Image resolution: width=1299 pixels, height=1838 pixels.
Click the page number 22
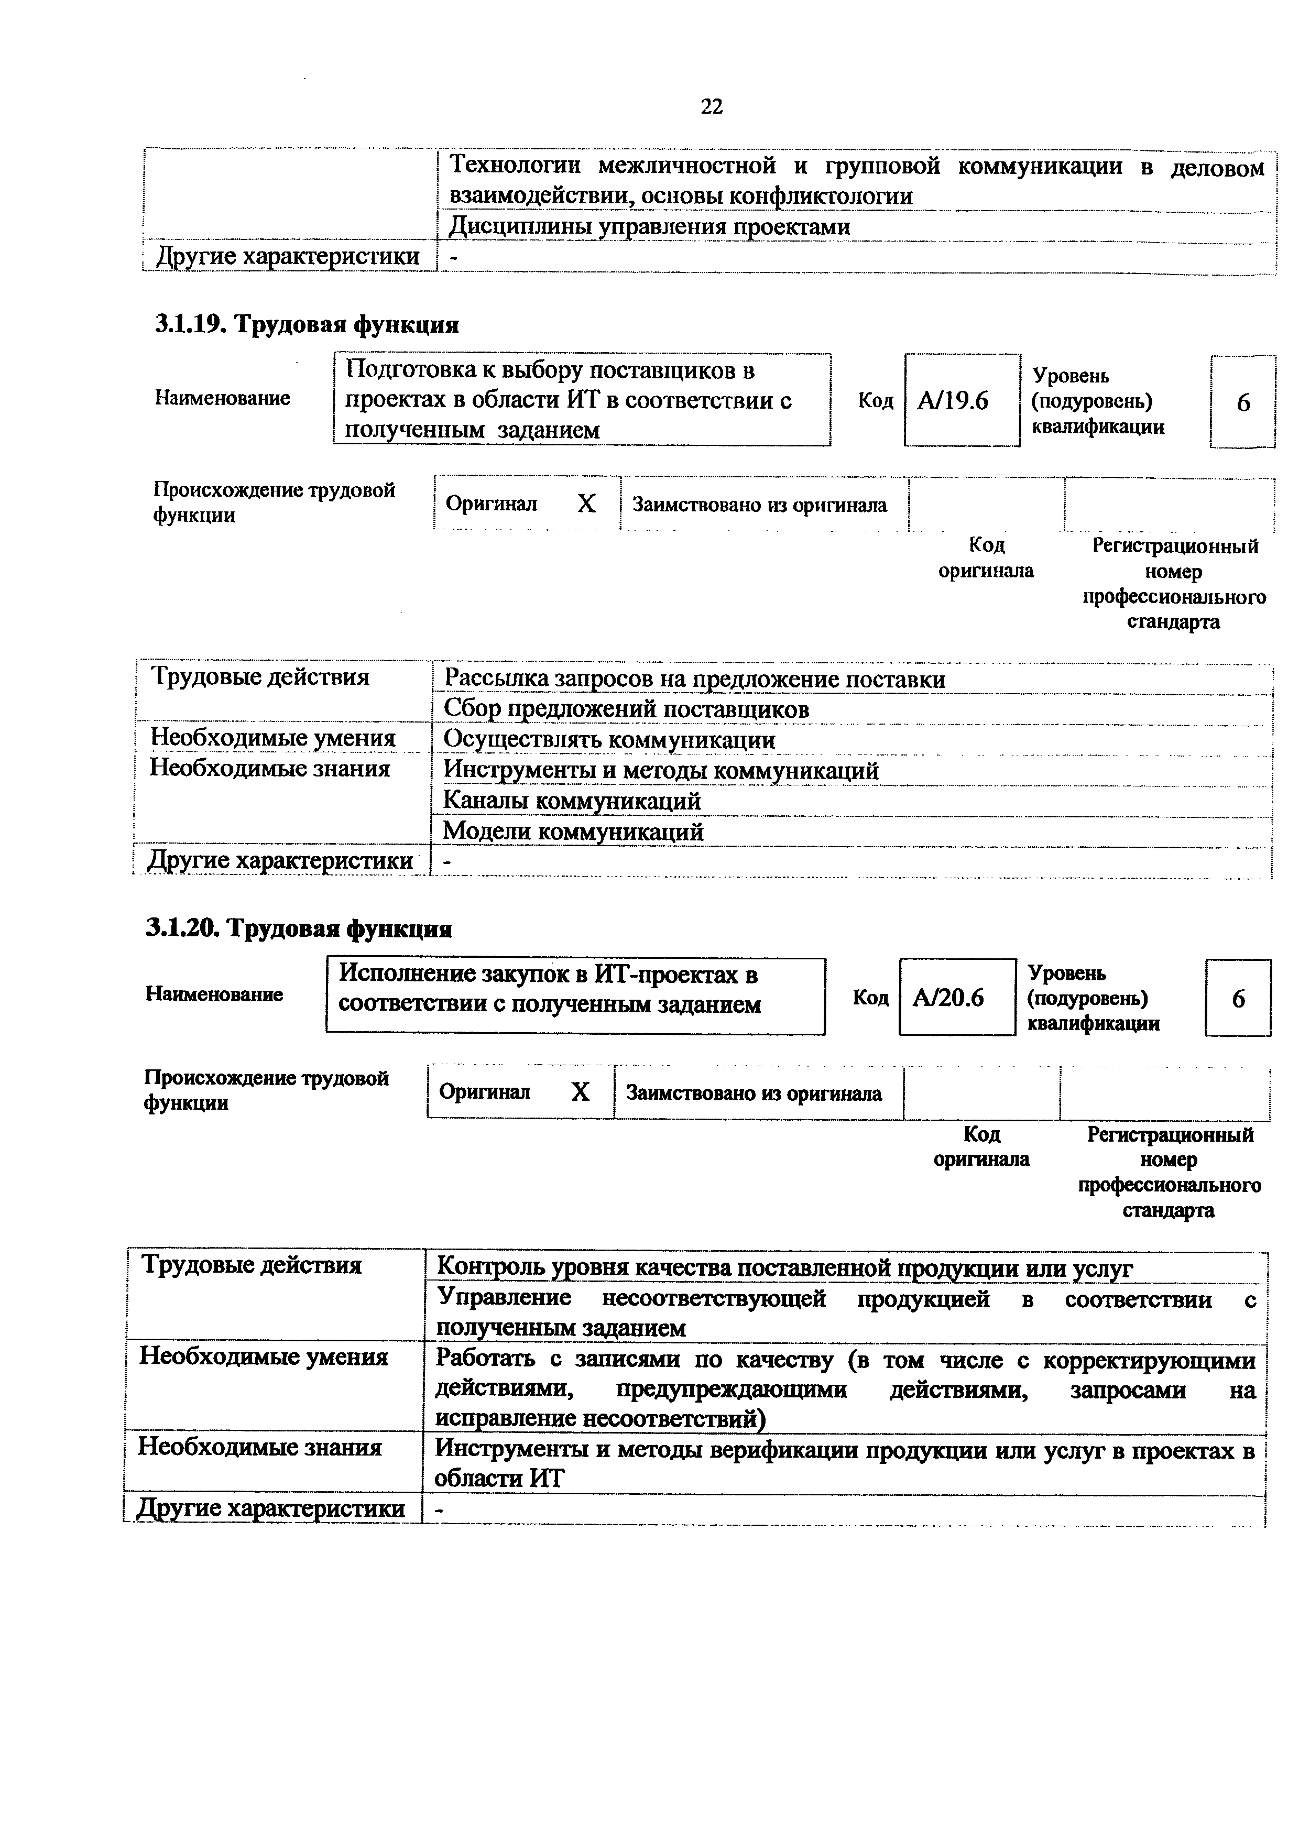tap(711, 106)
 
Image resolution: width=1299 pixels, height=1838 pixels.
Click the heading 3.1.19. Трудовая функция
tap(307, 325)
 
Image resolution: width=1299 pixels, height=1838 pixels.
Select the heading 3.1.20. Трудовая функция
tap(299, 928)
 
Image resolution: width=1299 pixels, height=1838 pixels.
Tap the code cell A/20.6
tap(948, 998)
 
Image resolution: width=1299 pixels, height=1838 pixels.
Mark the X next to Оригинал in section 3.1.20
tap(580, 1092)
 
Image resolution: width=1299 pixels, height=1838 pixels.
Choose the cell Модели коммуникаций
tap(574, 831)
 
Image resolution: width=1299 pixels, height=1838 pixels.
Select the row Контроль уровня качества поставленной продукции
tap(784, 1268)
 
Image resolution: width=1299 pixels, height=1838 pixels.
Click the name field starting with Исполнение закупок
tap(575, 989)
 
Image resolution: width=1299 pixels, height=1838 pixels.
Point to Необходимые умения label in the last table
tap(264, 1357)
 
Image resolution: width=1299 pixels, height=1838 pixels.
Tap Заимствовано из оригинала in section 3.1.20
tap(753, 1093)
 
